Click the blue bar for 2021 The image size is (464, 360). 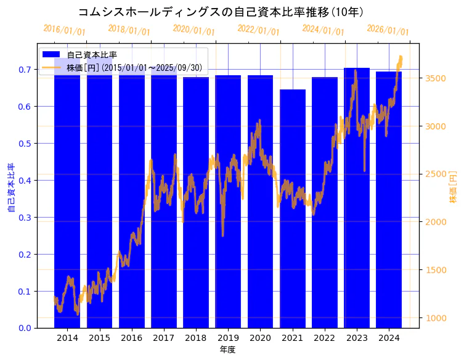pos(293,210)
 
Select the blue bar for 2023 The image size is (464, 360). pos(357,197)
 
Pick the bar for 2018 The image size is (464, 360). pos(196,203)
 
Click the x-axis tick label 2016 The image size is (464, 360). pos(131,338)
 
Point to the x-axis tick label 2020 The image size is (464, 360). pos(260,338)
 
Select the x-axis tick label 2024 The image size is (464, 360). pos(389,338)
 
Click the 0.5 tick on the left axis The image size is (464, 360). pos(24,144)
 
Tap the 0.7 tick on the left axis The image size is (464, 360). pos(24,70)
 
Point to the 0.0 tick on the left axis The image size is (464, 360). pos(24,328)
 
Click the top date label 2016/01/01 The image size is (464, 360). pos(65,30)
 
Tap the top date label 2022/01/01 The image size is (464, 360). pos(258,30)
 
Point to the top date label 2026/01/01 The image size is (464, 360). pos(388,30)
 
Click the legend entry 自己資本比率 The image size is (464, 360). pos(92,55)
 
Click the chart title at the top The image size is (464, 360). pos(221,12)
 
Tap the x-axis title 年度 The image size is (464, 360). pos(228,350)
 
